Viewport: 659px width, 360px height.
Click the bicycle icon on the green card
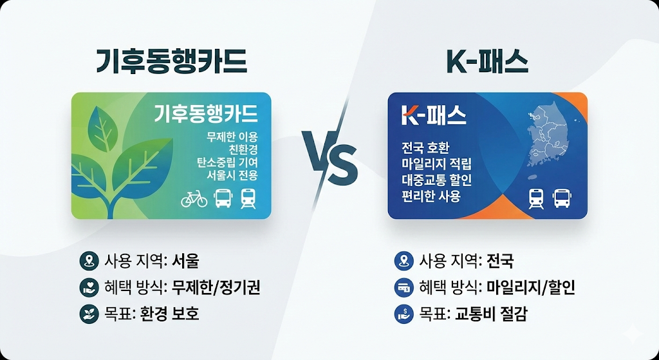click(x=194, y=199)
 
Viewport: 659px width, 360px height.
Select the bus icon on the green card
click(x=223, y=199)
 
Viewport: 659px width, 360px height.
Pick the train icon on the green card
click(x=248, y=199)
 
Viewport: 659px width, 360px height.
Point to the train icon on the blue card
click(x=535, y=198)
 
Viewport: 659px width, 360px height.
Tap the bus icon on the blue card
click(x=562, y=198)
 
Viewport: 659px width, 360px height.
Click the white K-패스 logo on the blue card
click(x=434, y=116)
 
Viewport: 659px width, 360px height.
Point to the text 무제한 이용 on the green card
click(x=232, y=137)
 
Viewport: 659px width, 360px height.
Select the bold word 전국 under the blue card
click(x=500, y=261)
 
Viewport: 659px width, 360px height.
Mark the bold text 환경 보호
click(x=169, y=314)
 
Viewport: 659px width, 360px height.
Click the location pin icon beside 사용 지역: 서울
click(x=86, y=261)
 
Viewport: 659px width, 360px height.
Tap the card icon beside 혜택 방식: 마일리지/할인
click(x=401, y=288)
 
